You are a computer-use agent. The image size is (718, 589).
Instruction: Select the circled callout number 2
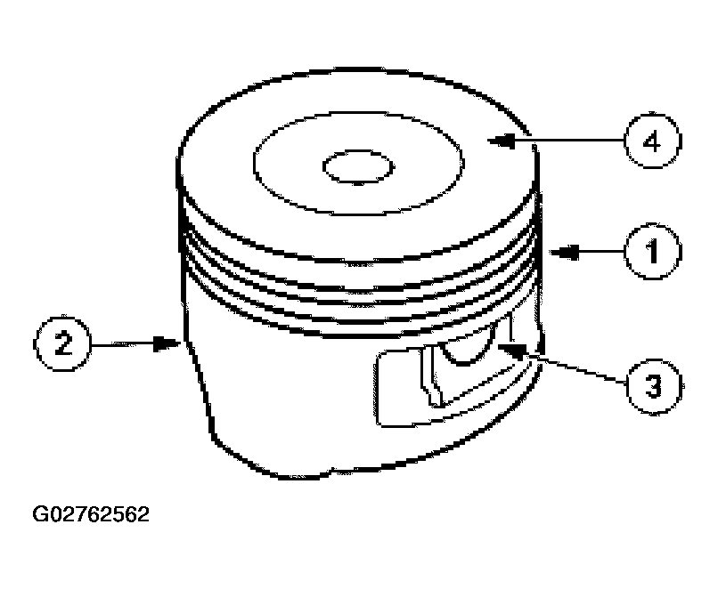tap(61, 341)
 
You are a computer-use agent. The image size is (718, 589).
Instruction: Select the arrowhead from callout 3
tap(502, 344)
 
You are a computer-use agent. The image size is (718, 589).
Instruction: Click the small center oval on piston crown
tap(358, 166)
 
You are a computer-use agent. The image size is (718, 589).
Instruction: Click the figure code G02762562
tap(91, 515)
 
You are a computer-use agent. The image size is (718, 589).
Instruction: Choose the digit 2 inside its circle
tap(61, 341)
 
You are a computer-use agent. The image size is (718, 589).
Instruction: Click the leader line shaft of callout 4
tap(570, 141)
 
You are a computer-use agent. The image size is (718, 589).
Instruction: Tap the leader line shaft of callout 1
tap(595, 254)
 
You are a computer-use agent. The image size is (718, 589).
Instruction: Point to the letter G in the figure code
tap(40, 515)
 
